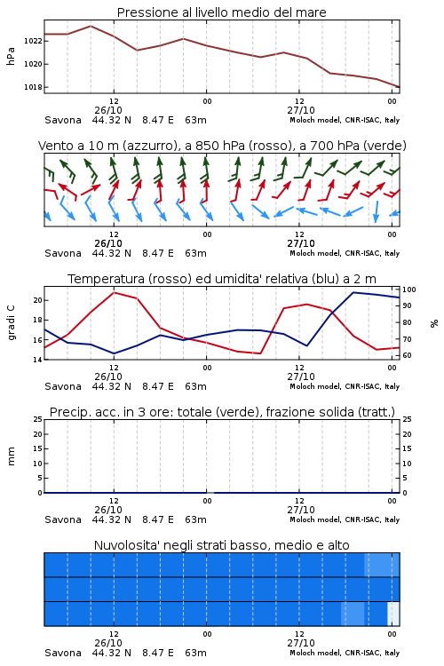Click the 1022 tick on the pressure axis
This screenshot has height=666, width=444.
coord(33,41)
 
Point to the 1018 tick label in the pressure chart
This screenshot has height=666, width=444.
coord(33,87)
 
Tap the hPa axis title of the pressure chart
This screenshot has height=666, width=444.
coord(11,56)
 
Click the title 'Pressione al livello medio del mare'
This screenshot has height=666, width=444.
coord(222,12)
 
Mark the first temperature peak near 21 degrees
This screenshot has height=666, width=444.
coord(114,292)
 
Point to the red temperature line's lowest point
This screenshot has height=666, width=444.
coord(260,353)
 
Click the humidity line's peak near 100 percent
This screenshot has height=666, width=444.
coord(353,292)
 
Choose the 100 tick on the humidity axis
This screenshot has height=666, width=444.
coord(409,289)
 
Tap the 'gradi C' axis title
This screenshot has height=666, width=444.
coord(12,323)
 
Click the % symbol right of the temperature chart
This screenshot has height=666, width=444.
coord(434,323)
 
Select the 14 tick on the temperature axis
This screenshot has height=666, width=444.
coord(38,360)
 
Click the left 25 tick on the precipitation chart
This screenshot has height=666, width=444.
coord(38,419)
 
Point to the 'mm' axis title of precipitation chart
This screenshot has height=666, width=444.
coord(12,456)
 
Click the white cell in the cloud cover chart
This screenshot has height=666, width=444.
coord(393,614)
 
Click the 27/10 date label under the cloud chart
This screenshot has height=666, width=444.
coord(301,643)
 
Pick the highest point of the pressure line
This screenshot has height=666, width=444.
coord(91,26)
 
